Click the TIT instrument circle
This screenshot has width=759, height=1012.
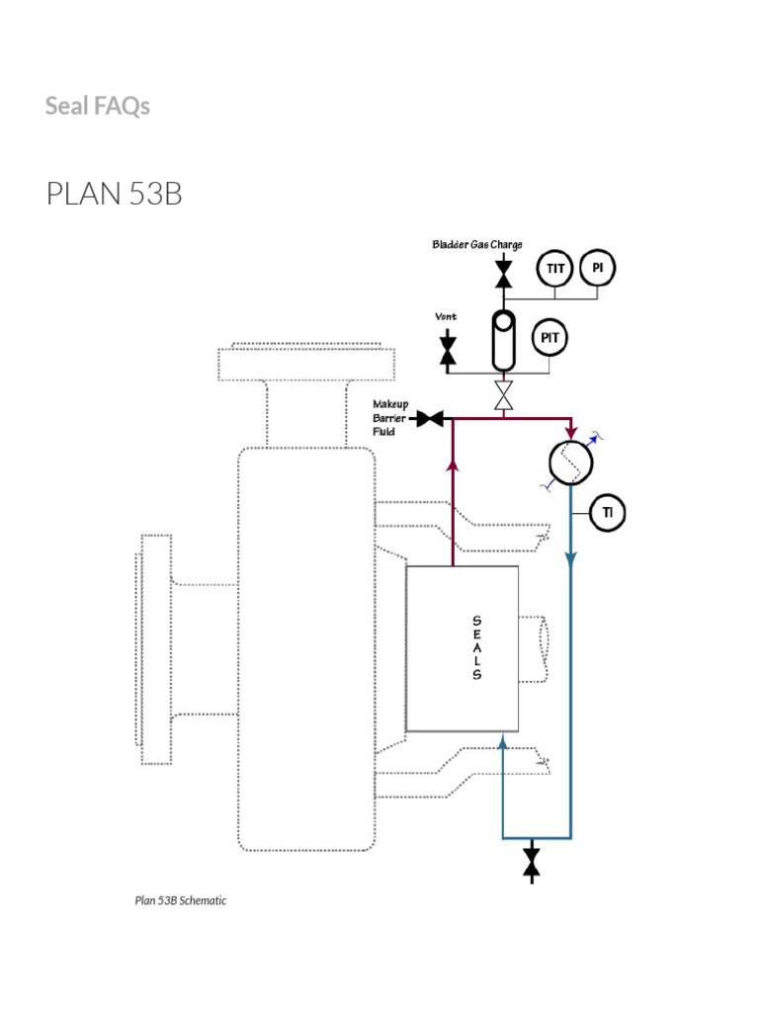555,268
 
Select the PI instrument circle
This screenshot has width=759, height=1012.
598,268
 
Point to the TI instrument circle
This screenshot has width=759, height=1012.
608,512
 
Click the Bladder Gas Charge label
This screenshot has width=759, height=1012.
476,244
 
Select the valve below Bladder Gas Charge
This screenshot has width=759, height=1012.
503,270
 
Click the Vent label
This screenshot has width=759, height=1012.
447,317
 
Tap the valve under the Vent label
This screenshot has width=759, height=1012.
448,350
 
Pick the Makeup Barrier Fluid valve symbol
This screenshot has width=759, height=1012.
430,419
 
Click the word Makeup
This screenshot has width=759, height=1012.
390,404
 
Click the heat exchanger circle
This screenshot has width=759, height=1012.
570,463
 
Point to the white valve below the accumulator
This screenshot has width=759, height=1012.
504,397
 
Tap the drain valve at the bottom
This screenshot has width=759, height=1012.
532,860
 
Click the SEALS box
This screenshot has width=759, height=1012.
463,648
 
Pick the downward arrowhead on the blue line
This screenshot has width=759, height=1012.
571,559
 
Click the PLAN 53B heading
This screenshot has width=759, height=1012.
114,195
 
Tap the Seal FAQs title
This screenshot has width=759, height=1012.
98,106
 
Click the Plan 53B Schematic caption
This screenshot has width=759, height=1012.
181,900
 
